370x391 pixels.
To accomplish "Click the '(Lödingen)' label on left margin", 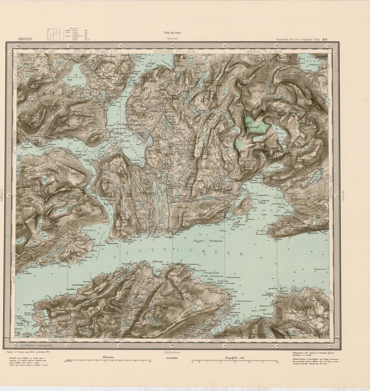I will pos(2,196).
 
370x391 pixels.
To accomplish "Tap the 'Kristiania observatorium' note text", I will pos(32,345).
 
